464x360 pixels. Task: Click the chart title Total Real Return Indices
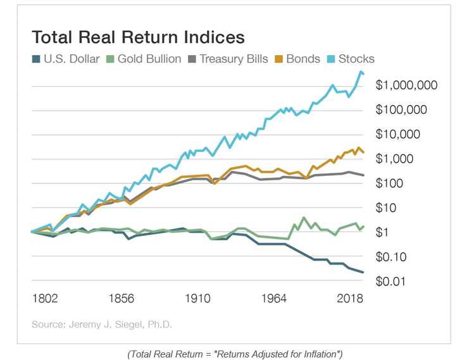click(138, 37)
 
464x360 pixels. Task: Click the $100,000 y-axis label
click(403, 110)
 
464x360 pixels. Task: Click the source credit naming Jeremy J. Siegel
click(101, 325)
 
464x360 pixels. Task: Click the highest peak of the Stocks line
click(360, 71)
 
